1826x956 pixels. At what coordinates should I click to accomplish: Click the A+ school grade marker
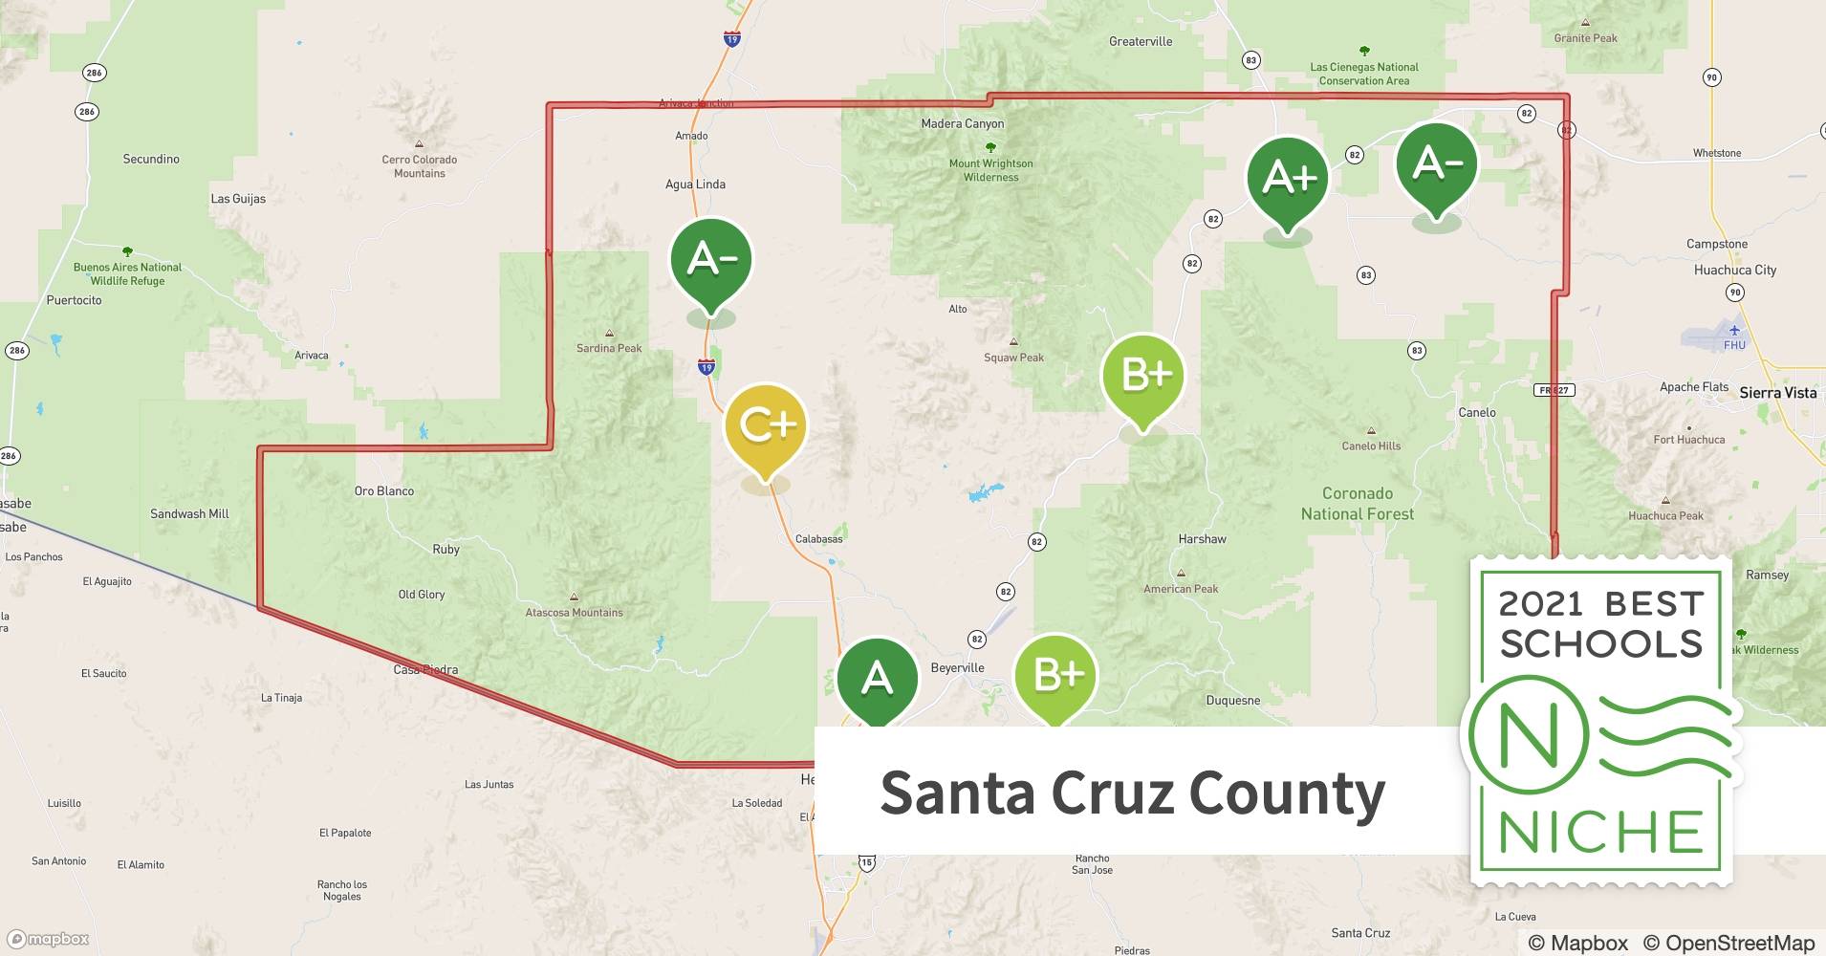[x=1288, y=179]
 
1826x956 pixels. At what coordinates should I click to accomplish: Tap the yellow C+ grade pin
[x=766, y=426]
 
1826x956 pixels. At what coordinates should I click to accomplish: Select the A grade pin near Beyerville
[x=877, y=680]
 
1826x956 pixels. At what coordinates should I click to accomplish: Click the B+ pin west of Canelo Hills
[x=1143, y=376]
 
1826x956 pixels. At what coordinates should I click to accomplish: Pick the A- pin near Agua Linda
[x=711, y=260]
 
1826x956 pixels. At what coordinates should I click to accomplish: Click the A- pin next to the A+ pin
[x=1437, y=164]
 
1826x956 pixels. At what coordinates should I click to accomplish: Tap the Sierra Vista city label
[x=1777, y=393]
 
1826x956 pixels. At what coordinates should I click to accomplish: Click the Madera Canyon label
[x=962, y=123]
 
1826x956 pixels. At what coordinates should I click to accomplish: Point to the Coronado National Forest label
[x=1357, y=504]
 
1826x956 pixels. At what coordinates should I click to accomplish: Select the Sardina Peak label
[x=609, y=348]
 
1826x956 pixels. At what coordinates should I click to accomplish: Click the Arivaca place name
[x=312, y=356]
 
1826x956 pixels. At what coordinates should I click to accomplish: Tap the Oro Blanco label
[x=384, y=491]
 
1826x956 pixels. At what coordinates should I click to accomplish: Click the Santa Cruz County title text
[x=1132, y=793]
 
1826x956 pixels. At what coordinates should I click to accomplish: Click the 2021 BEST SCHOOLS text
[x=1601, y=623]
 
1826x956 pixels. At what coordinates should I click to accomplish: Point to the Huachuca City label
[x=1734, y=271]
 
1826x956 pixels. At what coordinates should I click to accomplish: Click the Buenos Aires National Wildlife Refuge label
[x=127, y=274]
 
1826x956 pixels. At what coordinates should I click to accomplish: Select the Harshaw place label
[x=1202, y=539]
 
